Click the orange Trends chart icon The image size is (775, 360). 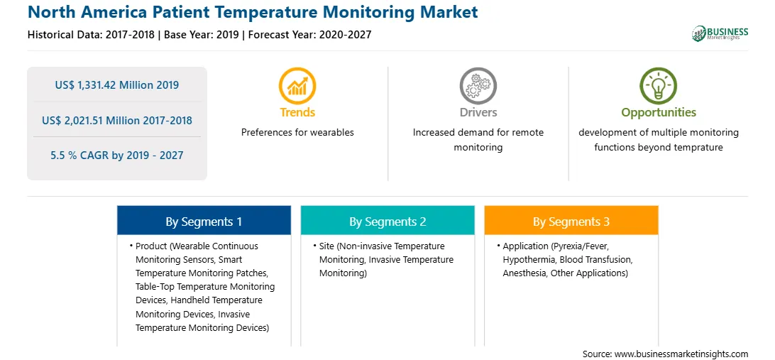[297, 86]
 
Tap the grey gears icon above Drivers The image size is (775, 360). [478, 86]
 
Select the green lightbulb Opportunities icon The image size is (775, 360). [659, 86]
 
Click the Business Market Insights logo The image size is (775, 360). [720, 33]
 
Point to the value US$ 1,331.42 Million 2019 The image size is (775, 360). [117, 85]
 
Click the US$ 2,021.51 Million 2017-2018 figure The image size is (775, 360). [117, 120]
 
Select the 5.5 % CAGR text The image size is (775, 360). [117, 156]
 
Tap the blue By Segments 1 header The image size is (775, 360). [204, 222]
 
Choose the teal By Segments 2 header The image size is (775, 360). [387, 222]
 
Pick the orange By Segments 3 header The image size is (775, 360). [571, 222]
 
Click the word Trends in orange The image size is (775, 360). [297, 112]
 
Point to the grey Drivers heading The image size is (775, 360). [478, 112]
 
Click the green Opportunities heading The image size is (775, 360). [659, 113]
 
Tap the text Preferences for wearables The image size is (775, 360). [297, 133]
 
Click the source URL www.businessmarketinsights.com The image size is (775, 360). [681, 354]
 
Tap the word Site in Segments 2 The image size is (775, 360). [326, 246]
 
